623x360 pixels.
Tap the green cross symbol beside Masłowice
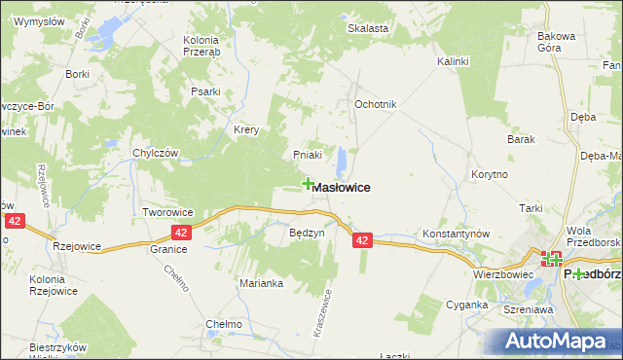(309, 183)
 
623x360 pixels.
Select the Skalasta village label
(368, 28)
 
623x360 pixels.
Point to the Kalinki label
(453, 61)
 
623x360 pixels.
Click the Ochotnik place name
(375, 104)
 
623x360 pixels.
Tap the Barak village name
(522, 139)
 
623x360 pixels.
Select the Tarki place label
(530, 208)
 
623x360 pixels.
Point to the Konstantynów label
(456, 235)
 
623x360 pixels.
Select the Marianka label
(261, 284)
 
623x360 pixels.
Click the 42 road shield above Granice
(181, 233)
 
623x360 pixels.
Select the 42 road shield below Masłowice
(362, 240)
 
